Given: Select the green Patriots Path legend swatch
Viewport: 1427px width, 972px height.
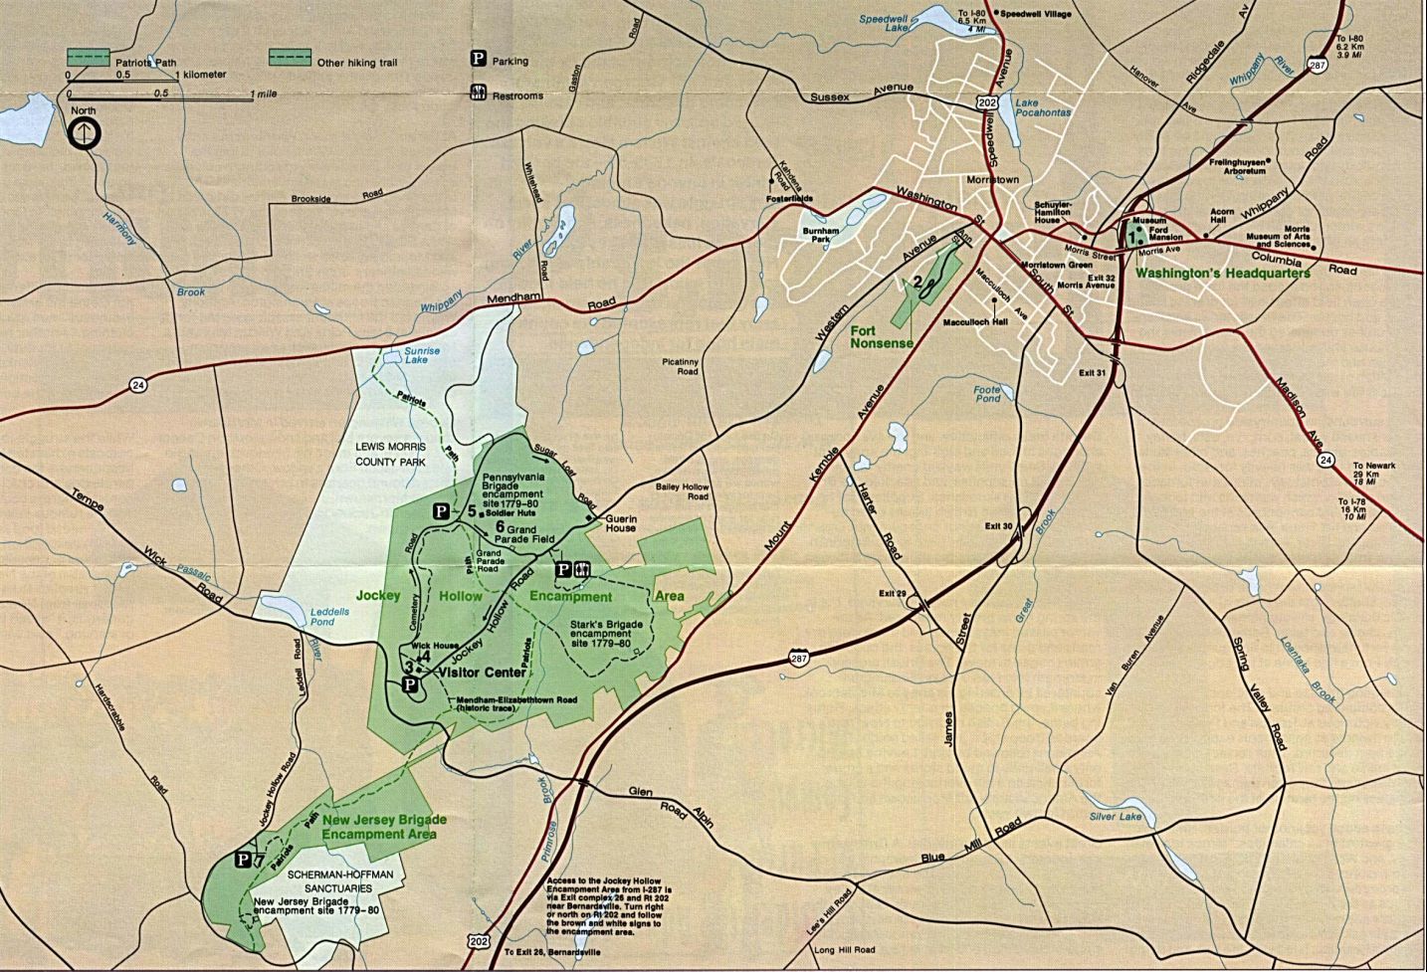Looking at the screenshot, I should pos(89,57).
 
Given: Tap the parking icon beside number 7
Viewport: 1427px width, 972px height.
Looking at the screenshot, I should pos(242,859).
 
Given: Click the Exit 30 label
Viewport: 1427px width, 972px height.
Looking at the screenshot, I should pos(998,525).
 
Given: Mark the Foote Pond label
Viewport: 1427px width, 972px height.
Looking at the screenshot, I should pos(986,393).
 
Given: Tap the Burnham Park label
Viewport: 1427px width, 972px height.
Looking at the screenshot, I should pos(821,235).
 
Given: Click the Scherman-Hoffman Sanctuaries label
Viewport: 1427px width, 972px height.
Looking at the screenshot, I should pos(329,880).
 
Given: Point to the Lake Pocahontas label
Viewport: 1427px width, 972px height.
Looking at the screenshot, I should pos(1042,107).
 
